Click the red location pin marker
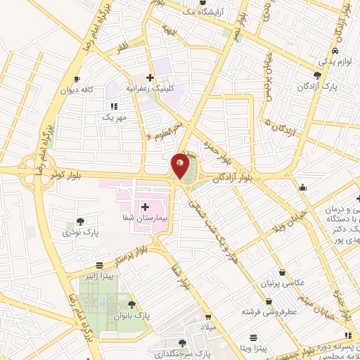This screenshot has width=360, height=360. pos(181,166)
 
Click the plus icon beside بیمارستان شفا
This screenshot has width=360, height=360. pos(146,207)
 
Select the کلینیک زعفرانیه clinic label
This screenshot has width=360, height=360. pos(150,89)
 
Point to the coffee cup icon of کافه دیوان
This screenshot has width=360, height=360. pos(77,79)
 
